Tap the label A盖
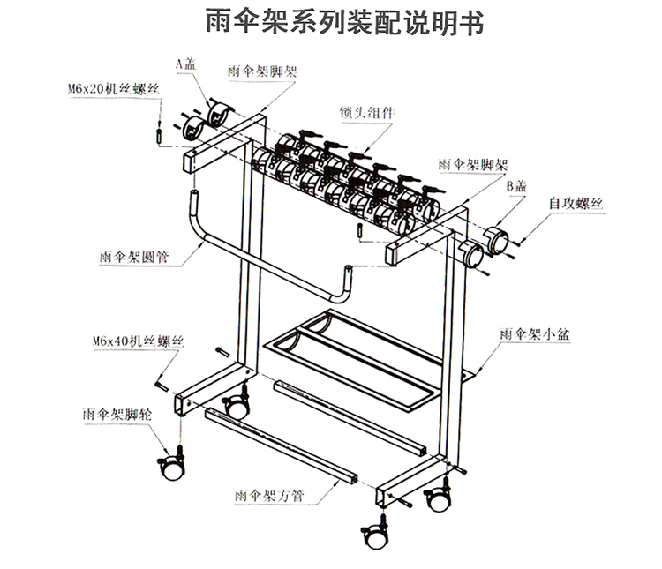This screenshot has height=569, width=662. coord(185,63)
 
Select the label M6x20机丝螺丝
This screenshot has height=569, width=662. coord(113,88)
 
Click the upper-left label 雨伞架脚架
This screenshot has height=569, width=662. coord(261,73)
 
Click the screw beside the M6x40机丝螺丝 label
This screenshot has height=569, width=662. coord(163,382)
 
